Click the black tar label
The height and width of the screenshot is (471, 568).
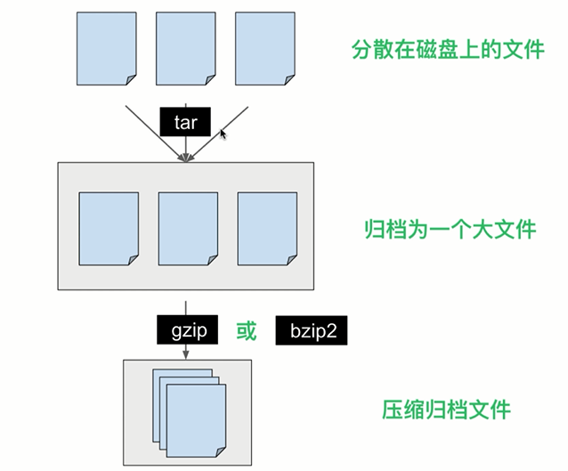[x=185, y=122]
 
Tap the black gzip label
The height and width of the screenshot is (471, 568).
[x=187, y=329]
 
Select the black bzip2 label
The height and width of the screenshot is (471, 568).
[x=312, y=330]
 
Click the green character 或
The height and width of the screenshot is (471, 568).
[x=247, y=331]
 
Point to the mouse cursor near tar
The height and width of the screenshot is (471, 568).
[x=223, y=134]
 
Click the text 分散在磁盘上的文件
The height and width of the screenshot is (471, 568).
[x=448, y=49]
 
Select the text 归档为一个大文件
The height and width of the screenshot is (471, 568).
[x=450, y=229]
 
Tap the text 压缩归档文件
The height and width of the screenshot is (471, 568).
[x=446, y=410]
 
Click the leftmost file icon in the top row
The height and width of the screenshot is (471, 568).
[x=107, y=49]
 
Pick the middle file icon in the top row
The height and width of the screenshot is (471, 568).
[x=186, y=49]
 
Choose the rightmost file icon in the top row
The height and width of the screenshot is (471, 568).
[x=265, y=49]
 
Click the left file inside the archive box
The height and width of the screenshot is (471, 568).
[x=109, y=229]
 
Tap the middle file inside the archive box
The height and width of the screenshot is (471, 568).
[x=188, y=229]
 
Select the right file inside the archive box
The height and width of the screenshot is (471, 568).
[x=267, y=229]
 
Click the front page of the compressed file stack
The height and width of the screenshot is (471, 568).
[x=196, y=420]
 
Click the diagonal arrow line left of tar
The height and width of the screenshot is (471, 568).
[x=155, y=134]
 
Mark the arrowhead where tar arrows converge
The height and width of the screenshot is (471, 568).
[x=186, y=158]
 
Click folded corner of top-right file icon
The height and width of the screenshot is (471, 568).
[x=289, y=80]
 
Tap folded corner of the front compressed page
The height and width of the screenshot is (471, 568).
[x=221, y=452]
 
